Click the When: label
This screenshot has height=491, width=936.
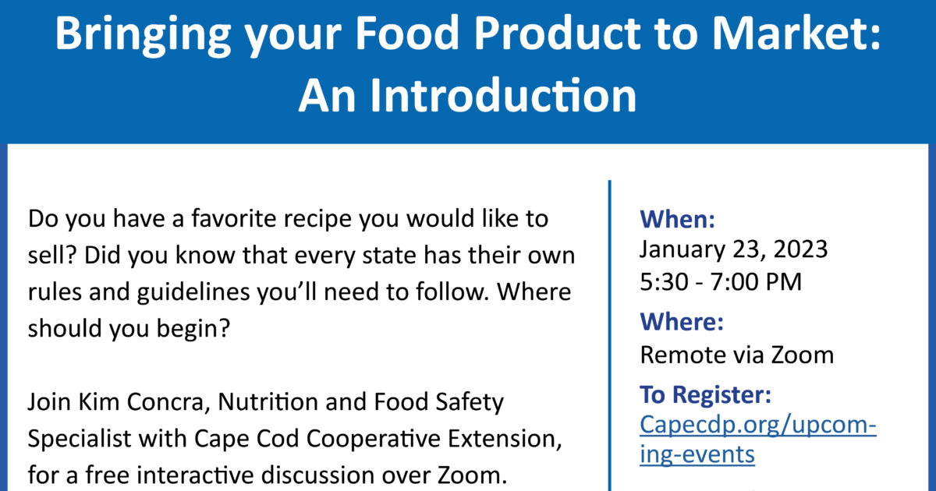[677, 220]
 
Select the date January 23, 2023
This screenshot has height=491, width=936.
[734, 249]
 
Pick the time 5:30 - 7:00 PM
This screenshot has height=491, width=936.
[721, 281]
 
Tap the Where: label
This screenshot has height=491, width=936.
[682, 321]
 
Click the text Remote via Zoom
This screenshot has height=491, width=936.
[736, 355]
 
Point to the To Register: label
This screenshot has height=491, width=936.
[705, 395]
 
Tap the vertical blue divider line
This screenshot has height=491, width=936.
[609, 335]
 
